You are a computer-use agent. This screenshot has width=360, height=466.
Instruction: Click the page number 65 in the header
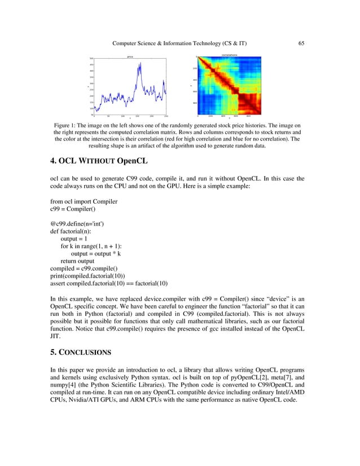click(301, 43)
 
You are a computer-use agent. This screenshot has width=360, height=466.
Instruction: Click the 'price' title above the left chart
click(130, 56)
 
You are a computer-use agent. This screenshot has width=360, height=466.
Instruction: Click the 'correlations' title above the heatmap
click(229, 55)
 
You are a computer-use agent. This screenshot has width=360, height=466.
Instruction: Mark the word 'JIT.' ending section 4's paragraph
click(56, 341)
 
